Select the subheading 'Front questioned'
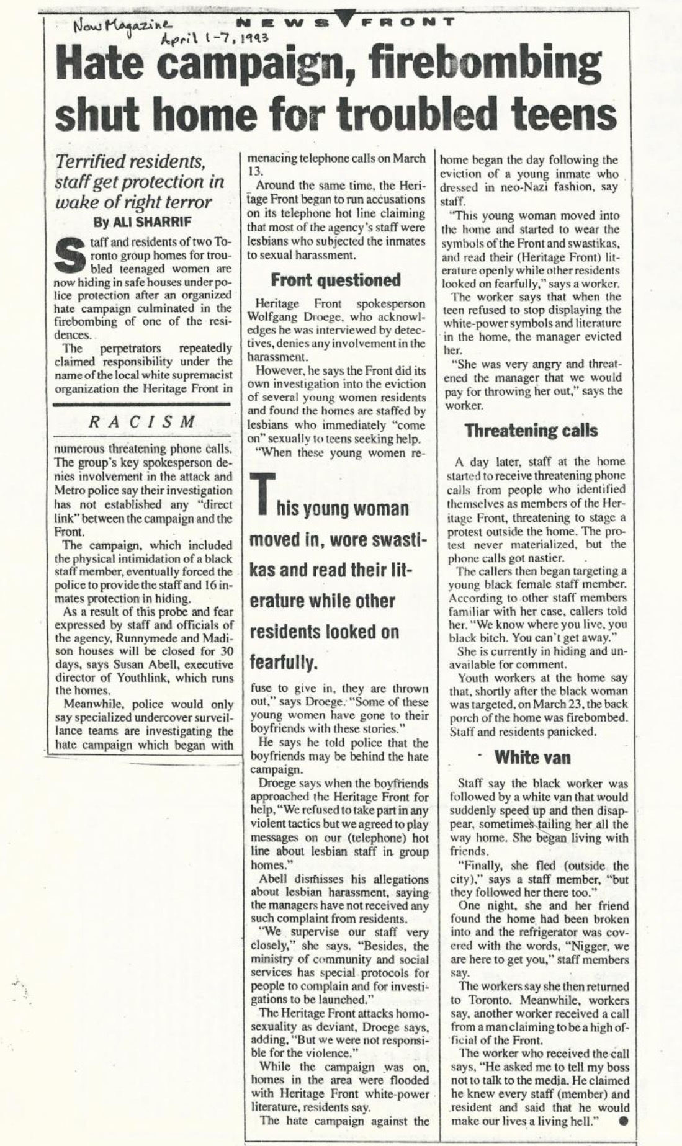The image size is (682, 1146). pyautogui.click(x=336, y=280)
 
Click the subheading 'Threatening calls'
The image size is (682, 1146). pyautogui.click(x=531, y=431)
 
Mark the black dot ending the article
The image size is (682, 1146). pyautogui.click(x=623, y=1121)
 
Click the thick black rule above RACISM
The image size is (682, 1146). pyautogui.click(x=142, y=405)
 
